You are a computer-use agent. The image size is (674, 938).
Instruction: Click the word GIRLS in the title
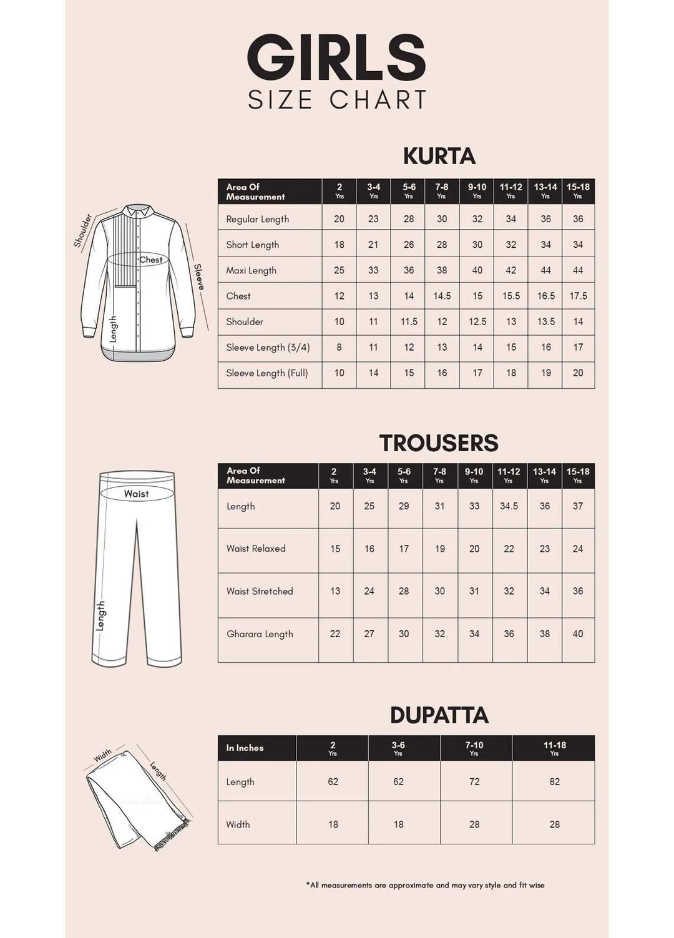tap(337, 58)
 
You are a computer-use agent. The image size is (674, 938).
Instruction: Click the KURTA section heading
tap(439, 156)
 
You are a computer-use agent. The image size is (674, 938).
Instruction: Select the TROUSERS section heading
tap(439, 443)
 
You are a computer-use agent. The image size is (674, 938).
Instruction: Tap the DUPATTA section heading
tap(439, 715)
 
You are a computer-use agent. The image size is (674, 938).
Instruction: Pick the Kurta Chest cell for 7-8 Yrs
tap(442, 296)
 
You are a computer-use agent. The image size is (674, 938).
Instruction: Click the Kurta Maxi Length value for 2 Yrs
tap(339, 270)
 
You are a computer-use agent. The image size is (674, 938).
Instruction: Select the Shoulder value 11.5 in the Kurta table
tap(409, 321)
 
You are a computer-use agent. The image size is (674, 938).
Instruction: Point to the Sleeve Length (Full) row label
tap(267, 373)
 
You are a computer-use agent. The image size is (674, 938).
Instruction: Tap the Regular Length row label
tap(257, 219)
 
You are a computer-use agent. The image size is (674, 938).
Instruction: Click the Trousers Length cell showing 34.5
tap(509, 506)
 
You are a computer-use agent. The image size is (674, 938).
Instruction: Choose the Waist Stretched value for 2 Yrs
tap(335, 591)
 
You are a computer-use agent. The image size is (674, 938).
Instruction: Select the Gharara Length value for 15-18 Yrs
tap(578, 633)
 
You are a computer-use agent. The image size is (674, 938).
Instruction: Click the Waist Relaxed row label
tap(256, 549)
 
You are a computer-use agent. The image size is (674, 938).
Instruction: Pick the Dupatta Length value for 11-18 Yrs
tap(554, 781)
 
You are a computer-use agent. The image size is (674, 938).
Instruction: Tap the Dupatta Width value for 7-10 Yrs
tap(474, 824)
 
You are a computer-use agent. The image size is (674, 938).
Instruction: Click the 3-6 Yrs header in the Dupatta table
tap(398, 748)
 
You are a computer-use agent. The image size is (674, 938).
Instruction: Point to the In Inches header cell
tap(245, 748)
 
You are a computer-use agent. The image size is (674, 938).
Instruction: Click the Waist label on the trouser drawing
tap(136, 494)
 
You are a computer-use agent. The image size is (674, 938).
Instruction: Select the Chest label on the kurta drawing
tap(150, 260)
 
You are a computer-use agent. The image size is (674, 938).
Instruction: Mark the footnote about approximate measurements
tap(425, 885)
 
